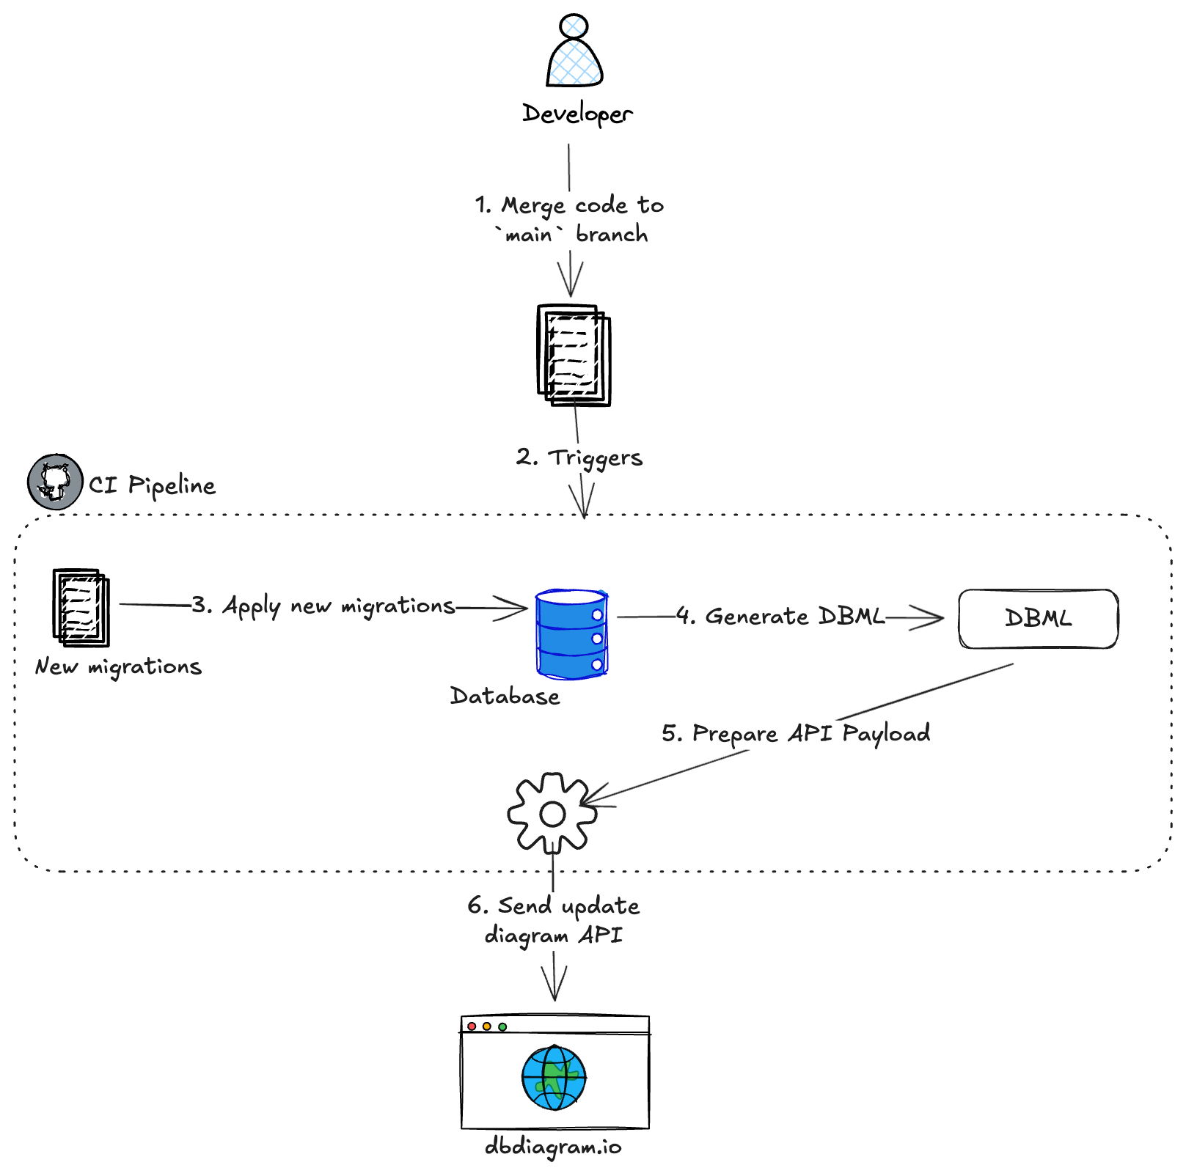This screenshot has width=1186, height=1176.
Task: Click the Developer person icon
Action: tap(574, 51)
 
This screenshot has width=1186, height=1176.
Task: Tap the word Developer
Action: tap(577, 114)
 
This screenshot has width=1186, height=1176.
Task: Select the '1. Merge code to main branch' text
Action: tap(570, 219)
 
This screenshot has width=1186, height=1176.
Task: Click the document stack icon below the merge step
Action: tap(574, 356)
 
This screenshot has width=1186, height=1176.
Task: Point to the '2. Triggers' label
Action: tap(579, 457)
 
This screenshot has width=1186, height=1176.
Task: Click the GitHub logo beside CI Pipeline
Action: tap(55, 482)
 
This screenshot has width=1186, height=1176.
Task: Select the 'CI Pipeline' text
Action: tap(153, 485)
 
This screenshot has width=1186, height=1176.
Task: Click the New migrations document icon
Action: tap(81, 607)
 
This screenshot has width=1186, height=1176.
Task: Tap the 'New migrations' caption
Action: tap(118, 666)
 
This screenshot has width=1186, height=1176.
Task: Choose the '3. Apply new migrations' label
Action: tap(323, 606)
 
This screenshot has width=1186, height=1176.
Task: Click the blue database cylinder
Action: tap(571, 634)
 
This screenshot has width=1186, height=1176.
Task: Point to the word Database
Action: tap(505, 696)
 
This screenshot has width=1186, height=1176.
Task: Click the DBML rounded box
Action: tap(1038, 619)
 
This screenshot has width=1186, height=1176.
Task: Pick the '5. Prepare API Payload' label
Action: tap(796, 733)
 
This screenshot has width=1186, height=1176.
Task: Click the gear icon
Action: tap(552, 813)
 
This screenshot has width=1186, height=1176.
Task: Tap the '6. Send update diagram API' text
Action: tap(554, 921)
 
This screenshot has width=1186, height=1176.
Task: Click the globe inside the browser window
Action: tap(554, 1078)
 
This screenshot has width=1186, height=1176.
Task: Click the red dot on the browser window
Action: tap(472, 1026)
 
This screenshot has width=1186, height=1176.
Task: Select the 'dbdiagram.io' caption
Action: tap(553, 1147)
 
